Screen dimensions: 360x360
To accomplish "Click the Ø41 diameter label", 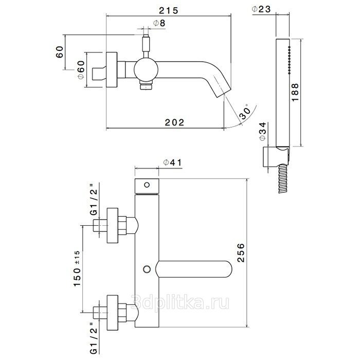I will [x=173, y=163].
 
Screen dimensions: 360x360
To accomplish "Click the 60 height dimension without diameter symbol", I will [x=60, y=53].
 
